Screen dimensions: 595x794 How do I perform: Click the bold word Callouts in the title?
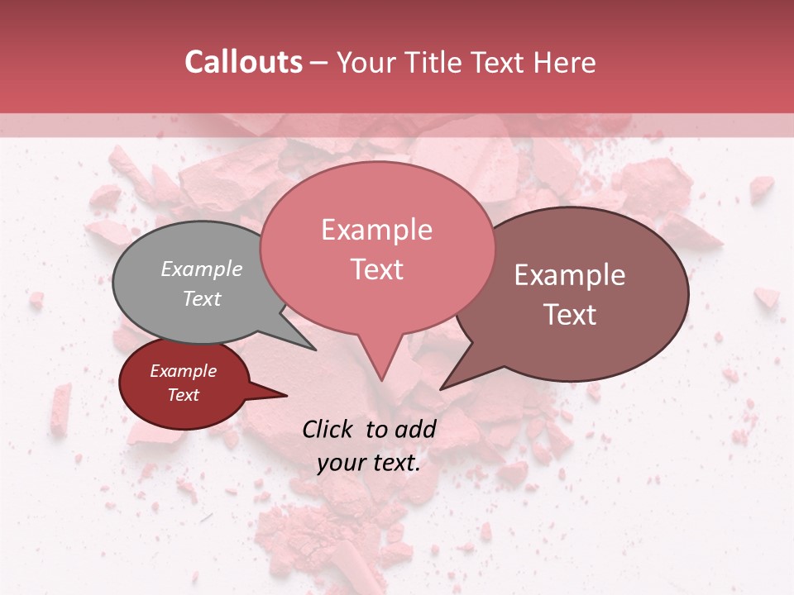243,62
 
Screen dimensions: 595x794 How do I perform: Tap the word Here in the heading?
565,62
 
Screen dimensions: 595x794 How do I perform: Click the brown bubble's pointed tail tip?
440,389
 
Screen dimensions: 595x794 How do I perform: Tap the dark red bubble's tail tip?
286,396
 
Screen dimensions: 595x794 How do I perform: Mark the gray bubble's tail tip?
315,350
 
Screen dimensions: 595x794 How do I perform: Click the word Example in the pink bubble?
376,230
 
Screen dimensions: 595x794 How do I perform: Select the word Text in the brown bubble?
570,315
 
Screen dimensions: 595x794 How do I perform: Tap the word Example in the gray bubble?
202,269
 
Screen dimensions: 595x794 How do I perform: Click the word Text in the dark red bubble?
184,395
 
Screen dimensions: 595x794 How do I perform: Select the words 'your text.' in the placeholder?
368,463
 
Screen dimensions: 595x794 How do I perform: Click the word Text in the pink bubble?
376,269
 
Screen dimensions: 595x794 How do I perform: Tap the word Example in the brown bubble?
570,275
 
